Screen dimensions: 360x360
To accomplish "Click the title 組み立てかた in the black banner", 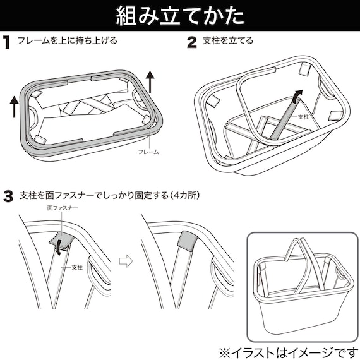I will coord(180,16).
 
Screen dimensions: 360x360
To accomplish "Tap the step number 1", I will coord(7,43).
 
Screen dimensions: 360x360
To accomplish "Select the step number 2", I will coord(192,43).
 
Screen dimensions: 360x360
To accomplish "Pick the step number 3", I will coord(8,196).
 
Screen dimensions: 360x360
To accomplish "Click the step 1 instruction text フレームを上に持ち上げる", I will coord(68,42).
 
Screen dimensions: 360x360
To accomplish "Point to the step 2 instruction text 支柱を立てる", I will coord(228,42).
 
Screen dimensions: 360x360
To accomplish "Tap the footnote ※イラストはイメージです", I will coord(287,349).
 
